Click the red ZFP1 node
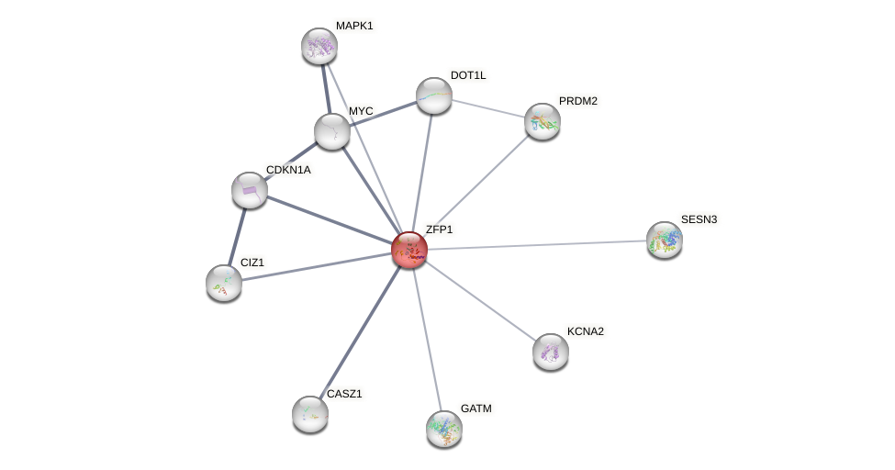coord(409,250)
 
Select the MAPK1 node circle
coord(319,46)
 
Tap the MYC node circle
coord(332,130)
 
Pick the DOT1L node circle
coord(434,95)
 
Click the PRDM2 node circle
coord(543,121)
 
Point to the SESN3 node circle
coord(664,240)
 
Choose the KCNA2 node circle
coord(551,352)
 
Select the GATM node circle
coord(444,429)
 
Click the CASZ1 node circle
coord(310,414)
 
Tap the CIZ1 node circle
coord(224,283)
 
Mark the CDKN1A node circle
coord(250,190)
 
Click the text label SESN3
coord(699,219)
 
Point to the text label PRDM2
coord(578,101)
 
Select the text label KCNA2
coord(585,331)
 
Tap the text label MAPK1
coord(354,26)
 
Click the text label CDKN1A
coord(288,170)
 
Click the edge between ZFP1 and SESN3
coord(537,245)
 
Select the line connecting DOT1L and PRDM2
coord(488,108)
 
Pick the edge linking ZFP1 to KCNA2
coord(480,301)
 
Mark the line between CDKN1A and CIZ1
coord(237,236)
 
